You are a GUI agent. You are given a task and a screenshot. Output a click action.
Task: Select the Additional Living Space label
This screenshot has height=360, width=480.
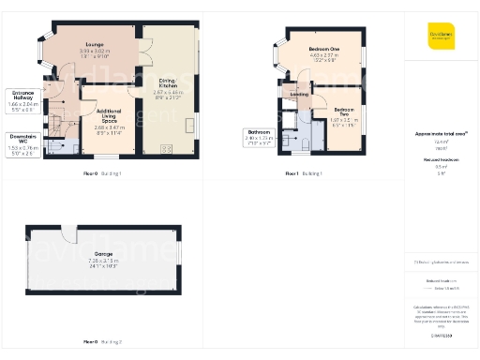point(110,116)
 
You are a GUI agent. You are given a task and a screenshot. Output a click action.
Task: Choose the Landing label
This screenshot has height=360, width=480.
point(300,94)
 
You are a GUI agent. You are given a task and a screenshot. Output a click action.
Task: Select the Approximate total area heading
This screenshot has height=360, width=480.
point(441,133)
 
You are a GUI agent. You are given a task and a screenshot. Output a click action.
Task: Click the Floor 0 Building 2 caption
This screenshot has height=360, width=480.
point(103,343)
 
